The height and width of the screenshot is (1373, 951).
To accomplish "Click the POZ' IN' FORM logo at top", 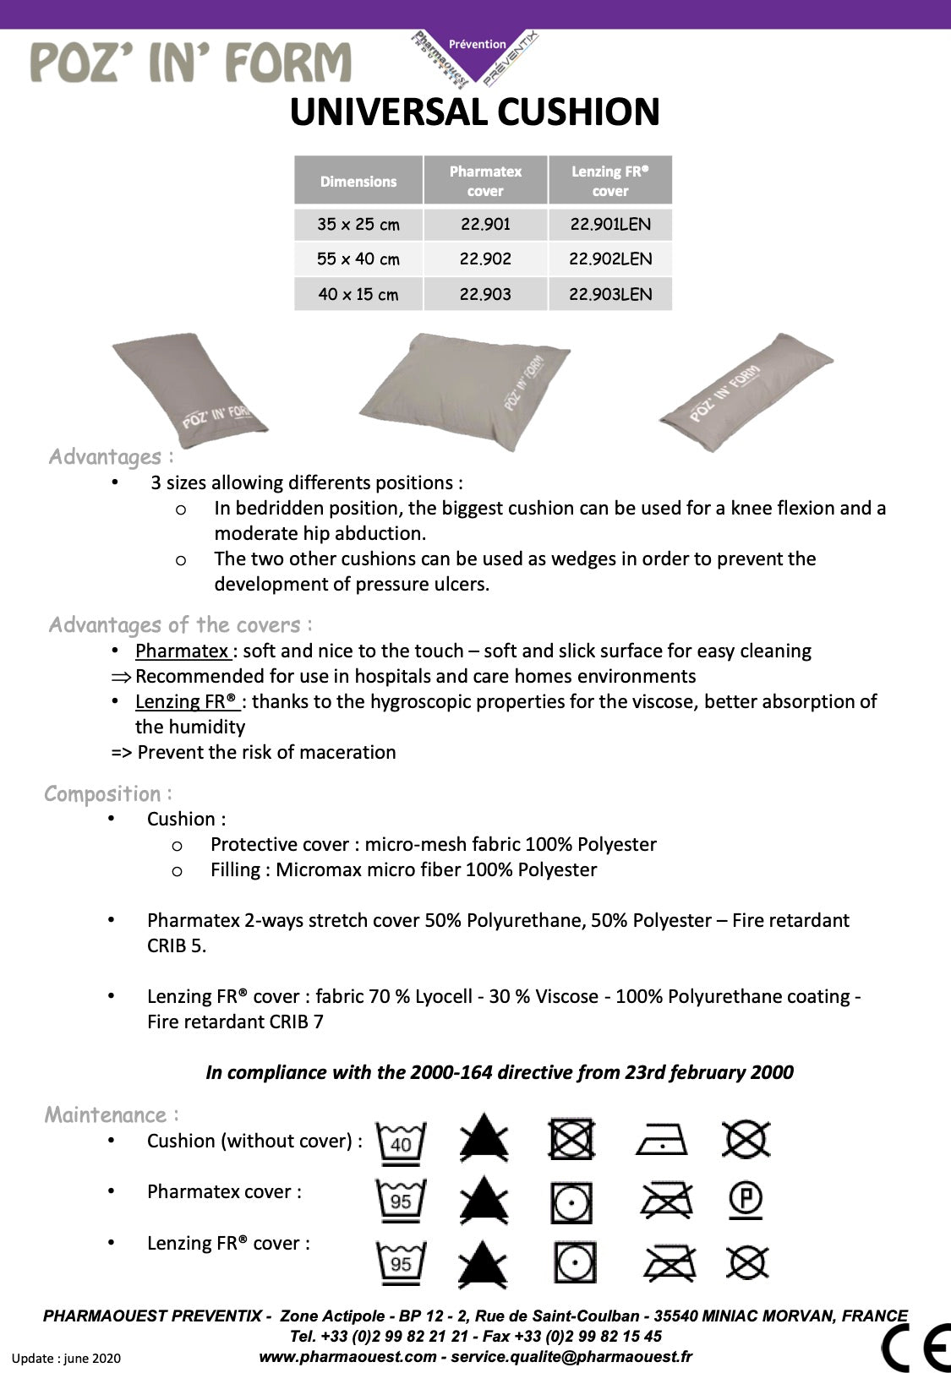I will click(190, 63).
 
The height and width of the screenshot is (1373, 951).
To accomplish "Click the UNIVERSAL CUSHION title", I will click(474, 112).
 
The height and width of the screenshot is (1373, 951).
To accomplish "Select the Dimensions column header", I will click(358, 181).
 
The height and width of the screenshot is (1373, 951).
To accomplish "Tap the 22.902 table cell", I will click(485, 259).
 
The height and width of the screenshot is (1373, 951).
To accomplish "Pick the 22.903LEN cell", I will click(610, 294).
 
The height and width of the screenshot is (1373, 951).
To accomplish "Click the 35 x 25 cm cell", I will click(358, 225).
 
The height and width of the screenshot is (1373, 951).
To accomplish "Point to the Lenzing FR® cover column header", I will click(610, 181).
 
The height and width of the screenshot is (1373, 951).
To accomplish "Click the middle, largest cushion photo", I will click(465, 389).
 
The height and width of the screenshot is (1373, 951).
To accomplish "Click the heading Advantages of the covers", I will click(180, 625).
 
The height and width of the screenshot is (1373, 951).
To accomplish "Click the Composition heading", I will click(107, 794).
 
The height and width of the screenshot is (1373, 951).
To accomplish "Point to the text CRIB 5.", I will click(176, 945).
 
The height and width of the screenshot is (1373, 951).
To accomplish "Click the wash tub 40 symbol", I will click(401, 1141).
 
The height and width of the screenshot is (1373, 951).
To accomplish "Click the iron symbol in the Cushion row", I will click(662, 1141).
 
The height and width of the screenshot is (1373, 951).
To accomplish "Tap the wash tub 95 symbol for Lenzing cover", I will click(401, 1261).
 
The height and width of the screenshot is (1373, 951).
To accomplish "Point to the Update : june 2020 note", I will click(66, 1359).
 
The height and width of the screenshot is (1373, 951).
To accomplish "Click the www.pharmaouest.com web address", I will click(347, 1357).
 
